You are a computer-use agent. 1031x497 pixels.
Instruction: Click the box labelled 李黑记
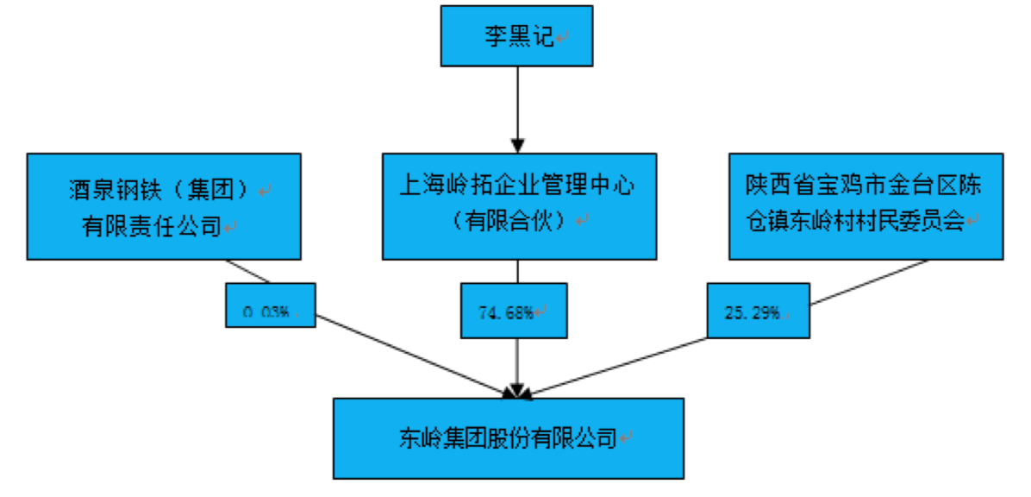pyautogui.click(x=517, y=36)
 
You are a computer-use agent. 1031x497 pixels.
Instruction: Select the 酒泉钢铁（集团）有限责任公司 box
pyautogui.click(x=164, y=207)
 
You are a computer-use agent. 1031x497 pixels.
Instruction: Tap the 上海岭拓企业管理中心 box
pyautogui.click(x=520, y=207)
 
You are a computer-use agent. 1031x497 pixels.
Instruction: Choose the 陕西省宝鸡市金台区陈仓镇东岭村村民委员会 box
pyautogui.click(x=866, y=207)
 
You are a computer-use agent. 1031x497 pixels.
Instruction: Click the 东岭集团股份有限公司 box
pyautogui.click(x=509, y=438)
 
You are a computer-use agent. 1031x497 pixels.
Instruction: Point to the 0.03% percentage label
pyautogui.click(x=271, y=305)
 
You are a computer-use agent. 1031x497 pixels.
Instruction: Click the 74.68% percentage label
pyautogui.click(x=514, y=311)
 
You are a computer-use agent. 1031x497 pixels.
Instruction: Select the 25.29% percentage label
pyautogui.click(x=759, y=311)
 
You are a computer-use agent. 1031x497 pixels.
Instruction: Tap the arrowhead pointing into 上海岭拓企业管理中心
pyautogui.click(x=518, y=146)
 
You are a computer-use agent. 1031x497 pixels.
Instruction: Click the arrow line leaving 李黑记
pyautogui.click(x=518, y=110)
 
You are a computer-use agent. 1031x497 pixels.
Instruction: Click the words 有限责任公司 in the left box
pyautogui.click(x=151, y=227)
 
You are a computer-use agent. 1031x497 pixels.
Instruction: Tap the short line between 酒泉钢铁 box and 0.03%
pyautogui.click(x=248, y=271)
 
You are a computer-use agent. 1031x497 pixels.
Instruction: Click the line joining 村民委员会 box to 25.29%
pyautogui.click(x=869, y=282)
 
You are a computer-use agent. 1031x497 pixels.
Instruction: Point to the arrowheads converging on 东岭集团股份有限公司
pyautogui.click(x=518, y=391)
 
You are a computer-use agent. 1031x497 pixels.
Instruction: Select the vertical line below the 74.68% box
pyautogui.click(x=518, y=368)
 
